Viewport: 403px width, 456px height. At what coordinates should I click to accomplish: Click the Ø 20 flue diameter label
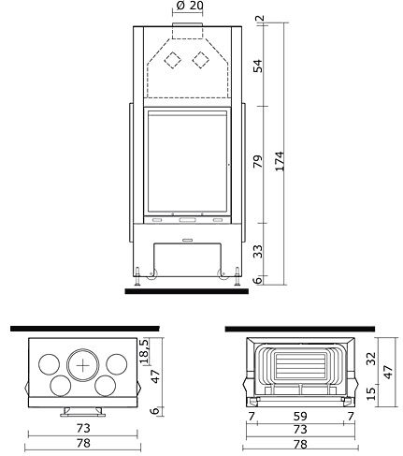click(x=190, y=6)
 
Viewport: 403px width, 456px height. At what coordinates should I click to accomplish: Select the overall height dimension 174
click(x=280, y=161)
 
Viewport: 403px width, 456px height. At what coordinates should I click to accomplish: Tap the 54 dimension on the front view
click(x=258, y=66)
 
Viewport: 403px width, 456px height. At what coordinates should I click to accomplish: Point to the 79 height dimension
click(x=258, y=161)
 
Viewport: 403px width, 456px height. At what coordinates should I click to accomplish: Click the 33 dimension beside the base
click(x=258, y=252)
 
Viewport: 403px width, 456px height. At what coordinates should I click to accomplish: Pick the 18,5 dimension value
click(x=145, y=351)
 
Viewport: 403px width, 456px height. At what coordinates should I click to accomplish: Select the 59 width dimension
click(x=300, y=416)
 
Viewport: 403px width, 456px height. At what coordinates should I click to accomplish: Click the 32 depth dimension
click(x=371, y=359)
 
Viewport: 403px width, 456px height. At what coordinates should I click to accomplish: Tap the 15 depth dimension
click(x=371, y=394)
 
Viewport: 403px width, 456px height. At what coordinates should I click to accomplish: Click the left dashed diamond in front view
click(x=172, y=60)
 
